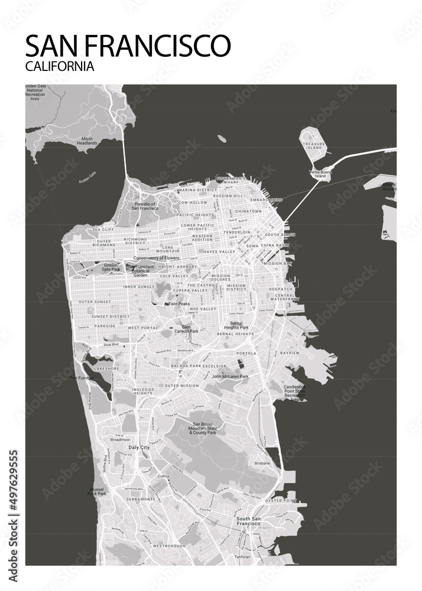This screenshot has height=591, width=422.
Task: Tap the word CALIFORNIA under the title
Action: (x=60, y=67)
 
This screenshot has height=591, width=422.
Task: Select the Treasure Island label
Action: (x=313, y=145)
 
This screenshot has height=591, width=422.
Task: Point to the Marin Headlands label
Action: (x=86, y=141)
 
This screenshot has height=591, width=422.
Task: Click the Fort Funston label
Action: (x=82, y=378)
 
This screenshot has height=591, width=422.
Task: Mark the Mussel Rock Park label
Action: (x=97, y=491)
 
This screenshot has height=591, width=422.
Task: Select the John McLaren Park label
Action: (x=231, y=376)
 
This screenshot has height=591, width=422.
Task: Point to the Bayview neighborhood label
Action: (x=290, y=353)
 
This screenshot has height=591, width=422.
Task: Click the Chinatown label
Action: (x=248, y=211)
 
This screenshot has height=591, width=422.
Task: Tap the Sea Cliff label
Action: (x=103, y=229)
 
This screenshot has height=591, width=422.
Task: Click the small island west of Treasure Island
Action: (x=221, y=139)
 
